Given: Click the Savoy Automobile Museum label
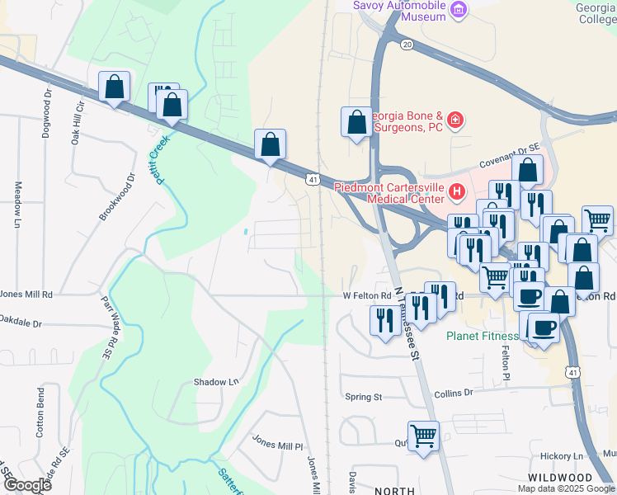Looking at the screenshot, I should pyautogui.click(x=399, y=10).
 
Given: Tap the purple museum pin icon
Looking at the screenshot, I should pyautogui.click(x=459, y=12).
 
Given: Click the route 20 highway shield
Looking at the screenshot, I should pyautogui.click(x=407, y=45).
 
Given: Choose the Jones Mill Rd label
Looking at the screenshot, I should pyautogui.click(x=26, y=294).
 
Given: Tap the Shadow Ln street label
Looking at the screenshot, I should pyautogui.click(x=215, y=382).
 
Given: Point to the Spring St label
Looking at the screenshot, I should pyautogui.click(x=363, y=397).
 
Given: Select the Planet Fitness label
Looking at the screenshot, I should pyautogui.click(x=483, y=336).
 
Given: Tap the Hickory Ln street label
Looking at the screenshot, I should pyautogui.click(x=561, y=455).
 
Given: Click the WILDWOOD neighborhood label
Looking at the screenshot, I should pyautogui.click(x=561, y=478).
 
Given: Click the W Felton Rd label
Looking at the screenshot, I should pyautogui.click(x=366, y=295).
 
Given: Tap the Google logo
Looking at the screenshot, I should pyautogui.click(x=27, y=484).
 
